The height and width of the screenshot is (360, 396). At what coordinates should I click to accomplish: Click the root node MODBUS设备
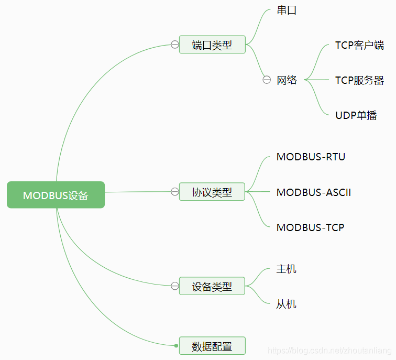[56, 195]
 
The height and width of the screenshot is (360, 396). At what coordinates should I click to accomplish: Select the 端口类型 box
[212, 45]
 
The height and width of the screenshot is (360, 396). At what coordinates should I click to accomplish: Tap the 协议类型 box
[212, 192]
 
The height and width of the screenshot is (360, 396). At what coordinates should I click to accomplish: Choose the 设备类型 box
[212, 286]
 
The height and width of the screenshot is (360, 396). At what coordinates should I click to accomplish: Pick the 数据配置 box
[212, 346]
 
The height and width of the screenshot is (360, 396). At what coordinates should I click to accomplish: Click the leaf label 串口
[287, 10]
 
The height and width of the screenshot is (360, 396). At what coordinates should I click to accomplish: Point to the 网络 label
[287, 80]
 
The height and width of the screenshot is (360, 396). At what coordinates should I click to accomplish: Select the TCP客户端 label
[359, 45]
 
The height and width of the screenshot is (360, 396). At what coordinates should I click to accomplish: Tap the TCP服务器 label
[359, 80]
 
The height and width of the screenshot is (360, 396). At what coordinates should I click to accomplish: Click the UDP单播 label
[356, 115]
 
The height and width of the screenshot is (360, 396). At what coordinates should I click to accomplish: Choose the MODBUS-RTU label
[311, 157]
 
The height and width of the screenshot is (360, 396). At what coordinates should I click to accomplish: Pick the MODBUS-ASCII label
[313, 192]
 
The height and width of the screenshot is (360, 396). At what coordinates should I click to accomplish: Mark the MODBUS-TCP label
[310, 227]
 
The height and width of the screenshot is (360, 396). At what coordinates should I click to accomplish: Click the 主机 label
[286, 269]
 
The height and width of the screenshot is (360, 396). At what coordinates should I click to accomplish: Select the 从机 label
[286, 304]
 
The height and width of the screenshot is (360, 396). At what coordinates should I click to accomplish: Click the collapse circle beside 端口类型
[174, 45]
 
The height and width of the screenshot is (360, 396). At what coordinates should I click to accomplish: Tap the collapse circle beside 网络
[267, 80]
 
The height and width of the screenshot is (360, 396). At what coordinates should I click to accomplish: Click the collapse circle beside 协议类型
[174, 191]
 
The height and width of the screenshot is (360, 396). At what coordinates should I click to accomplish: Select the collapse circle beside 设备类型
[174, 286]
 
